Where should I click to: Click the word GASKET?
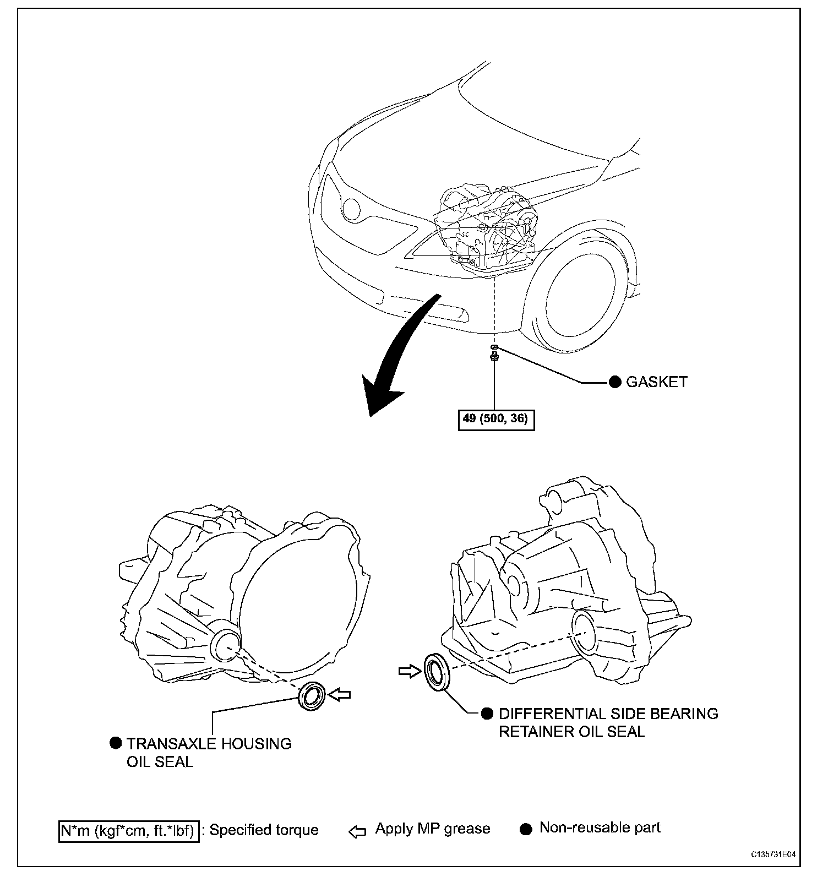pyautogui.click(x=657, y=382)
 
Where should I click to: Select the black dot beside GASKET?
pyautogui.click(x=615, y=382)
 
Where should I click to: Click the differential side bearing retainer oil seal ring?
pyautogui.click(x=437, y=671)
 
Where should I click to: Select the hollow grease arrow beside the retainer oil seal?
pyautogui.click(x=408, y=671)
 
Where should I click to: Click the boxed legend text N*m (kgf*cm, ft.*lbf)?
pyautogui.click(x=129, y=830)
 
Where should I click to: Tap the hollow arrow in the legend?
pyautogui.click(x=357, y=831)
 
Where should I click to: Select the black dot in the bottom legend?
pyautogui.click(x=526, y=830)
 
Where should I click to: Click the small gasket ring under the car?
pyautogui.click(x=494, y=347)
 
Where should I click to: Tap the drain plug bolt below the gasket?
pyautogui.click(x=494, y=358)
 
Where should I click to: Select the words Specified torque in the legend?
pyautogui.click(x=264, y=830)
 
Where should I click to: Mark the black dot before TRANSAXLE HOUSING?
pyautogui.click(x=116, y=743)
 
